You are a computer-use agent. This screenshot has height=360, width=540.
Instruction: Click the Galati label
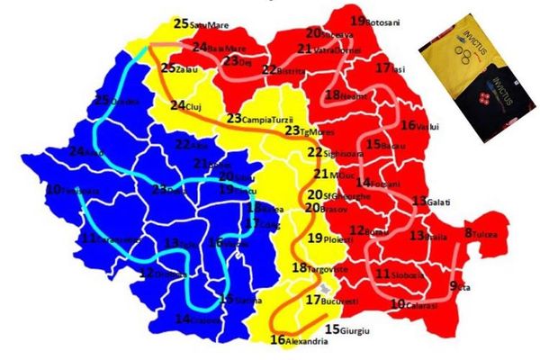tap(431, 200)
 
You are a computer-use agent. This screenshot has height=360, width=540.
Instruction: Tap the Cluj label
tap(191, 106)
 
